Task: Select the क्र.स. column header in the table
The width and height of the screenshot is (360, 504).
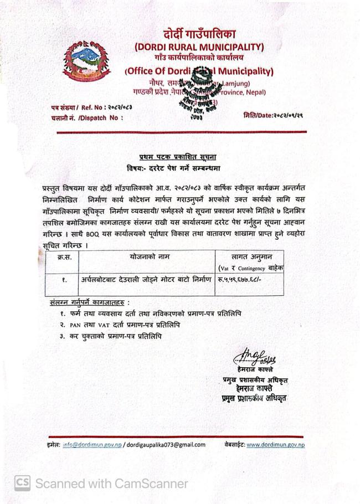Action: [65, 258]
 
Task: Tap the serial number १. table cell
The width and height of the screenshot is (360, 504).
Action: [65, 280]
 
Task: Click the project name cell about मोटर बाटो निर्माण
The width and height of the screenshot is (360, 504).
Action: [146, 280]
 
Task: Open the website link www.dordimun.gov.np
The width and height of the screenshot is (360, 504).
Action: [275, 444]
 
